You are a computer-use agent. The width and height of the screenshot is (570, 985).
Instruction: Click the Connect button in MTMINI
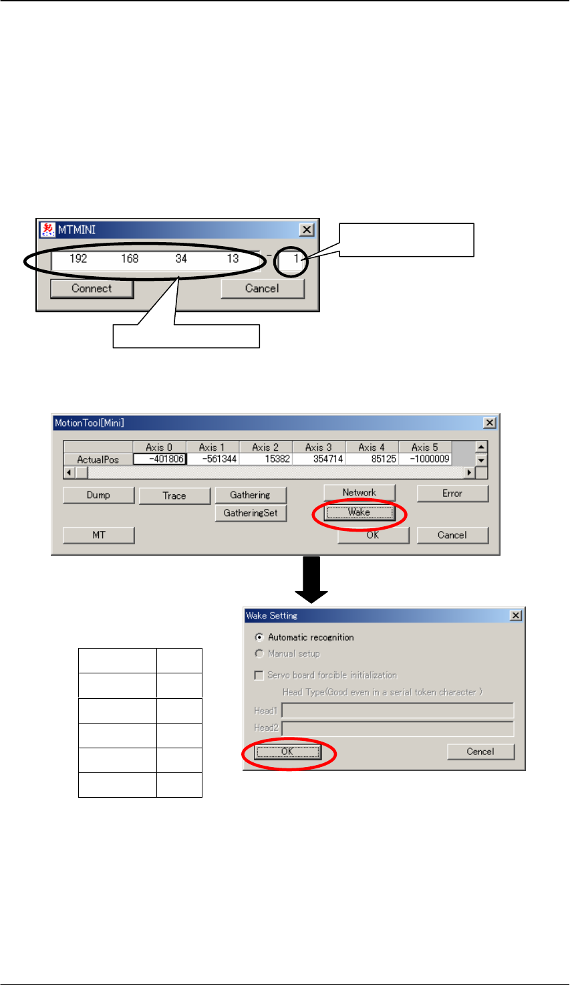[x=92, y=289]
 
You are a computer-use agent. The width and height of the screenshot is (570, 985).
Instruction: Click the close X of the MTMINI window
[x=306, y=230]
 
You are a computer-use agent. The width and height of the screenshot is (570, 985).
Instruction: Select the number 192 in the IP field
[x=78, y=259]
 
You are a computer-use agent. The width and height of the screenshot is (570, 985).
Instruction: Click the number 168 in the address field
[x=130, y=259]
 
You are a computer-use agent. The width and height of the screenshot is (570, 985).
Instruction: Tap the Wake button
[x=360, y=513]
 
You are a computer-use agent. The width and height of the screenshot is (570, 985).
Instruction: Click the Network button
[x=360, y=493]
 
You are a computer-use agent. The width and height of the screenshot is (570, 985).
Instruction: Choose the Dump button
[x=98, y=496]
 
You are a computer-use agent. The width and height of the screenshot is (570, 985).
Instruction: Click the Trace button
[x=174, y=496]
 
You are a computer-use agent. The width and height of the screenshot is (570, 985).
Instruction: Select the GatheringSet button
[x=251, y=514]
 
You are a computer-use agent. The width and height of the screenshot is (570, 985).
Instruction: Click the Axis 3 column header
[x=319, y=447]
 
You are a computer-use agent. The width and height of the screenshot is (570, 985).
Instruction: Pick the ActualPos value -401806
[x=160, y=459]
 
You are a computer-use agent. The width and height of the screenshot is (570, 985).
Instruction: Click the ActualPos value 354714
[x=319, y=459]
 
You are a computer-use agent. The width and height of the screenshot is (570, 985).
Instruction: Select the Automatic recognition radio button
[x=259, y=637]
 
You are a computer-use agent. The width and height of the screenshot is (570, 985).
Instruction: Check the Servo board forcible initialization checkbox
[x=259, y=675]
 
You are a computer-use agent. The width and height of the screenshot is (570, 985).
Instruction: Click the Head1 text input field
[x=398, y=710]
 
